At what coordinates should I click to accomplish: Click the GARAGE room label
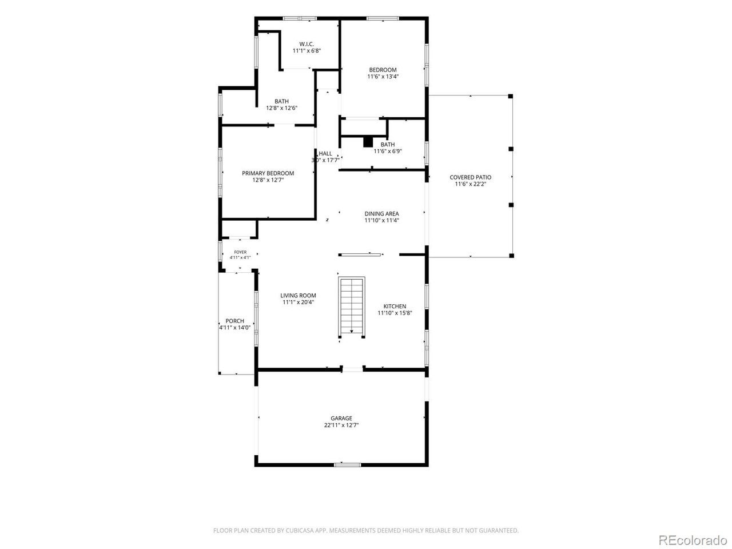click(x=341, y=419)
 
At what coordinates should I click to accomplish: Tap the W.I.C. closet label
click(x=307, y=44)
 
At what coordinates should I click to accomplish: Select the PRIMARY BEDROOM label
click(x=268, y=173)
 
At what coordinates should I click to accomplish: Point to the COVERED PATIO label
click(x=470, y=177)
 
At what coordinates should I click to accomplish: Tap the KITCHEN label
click(x=395, y=307)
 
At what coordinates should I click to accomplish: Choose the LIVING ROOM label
click(x=298, y=296)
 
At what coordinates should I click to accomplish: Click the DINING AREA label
click(x=381, y=214)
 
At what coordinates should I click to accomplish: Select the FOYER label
click(x=240, y=252)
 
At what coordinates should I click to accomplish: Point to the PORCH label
click(x=235, y=321)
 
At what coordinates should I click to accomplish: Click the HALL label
click(x=325, y=154)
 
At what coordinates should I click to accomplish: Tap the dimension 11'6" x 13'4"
click(x=383, y=77)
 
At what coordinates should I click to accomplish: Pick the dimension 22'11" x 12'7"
click(x=341, y=425)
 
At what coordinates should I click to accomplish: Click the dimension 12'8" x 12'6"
click(x=281, y=108)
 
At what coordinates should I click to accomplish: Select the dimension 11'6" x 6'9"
click(x=388, y=152)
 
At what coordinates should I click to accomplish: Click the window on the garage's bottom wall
click(x=348, y=464)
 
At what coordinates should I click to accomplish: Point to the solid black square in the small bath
click(x=368, y=142)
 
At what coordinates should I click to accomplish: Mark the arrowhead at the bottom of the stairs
click(x=352, y=331)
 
